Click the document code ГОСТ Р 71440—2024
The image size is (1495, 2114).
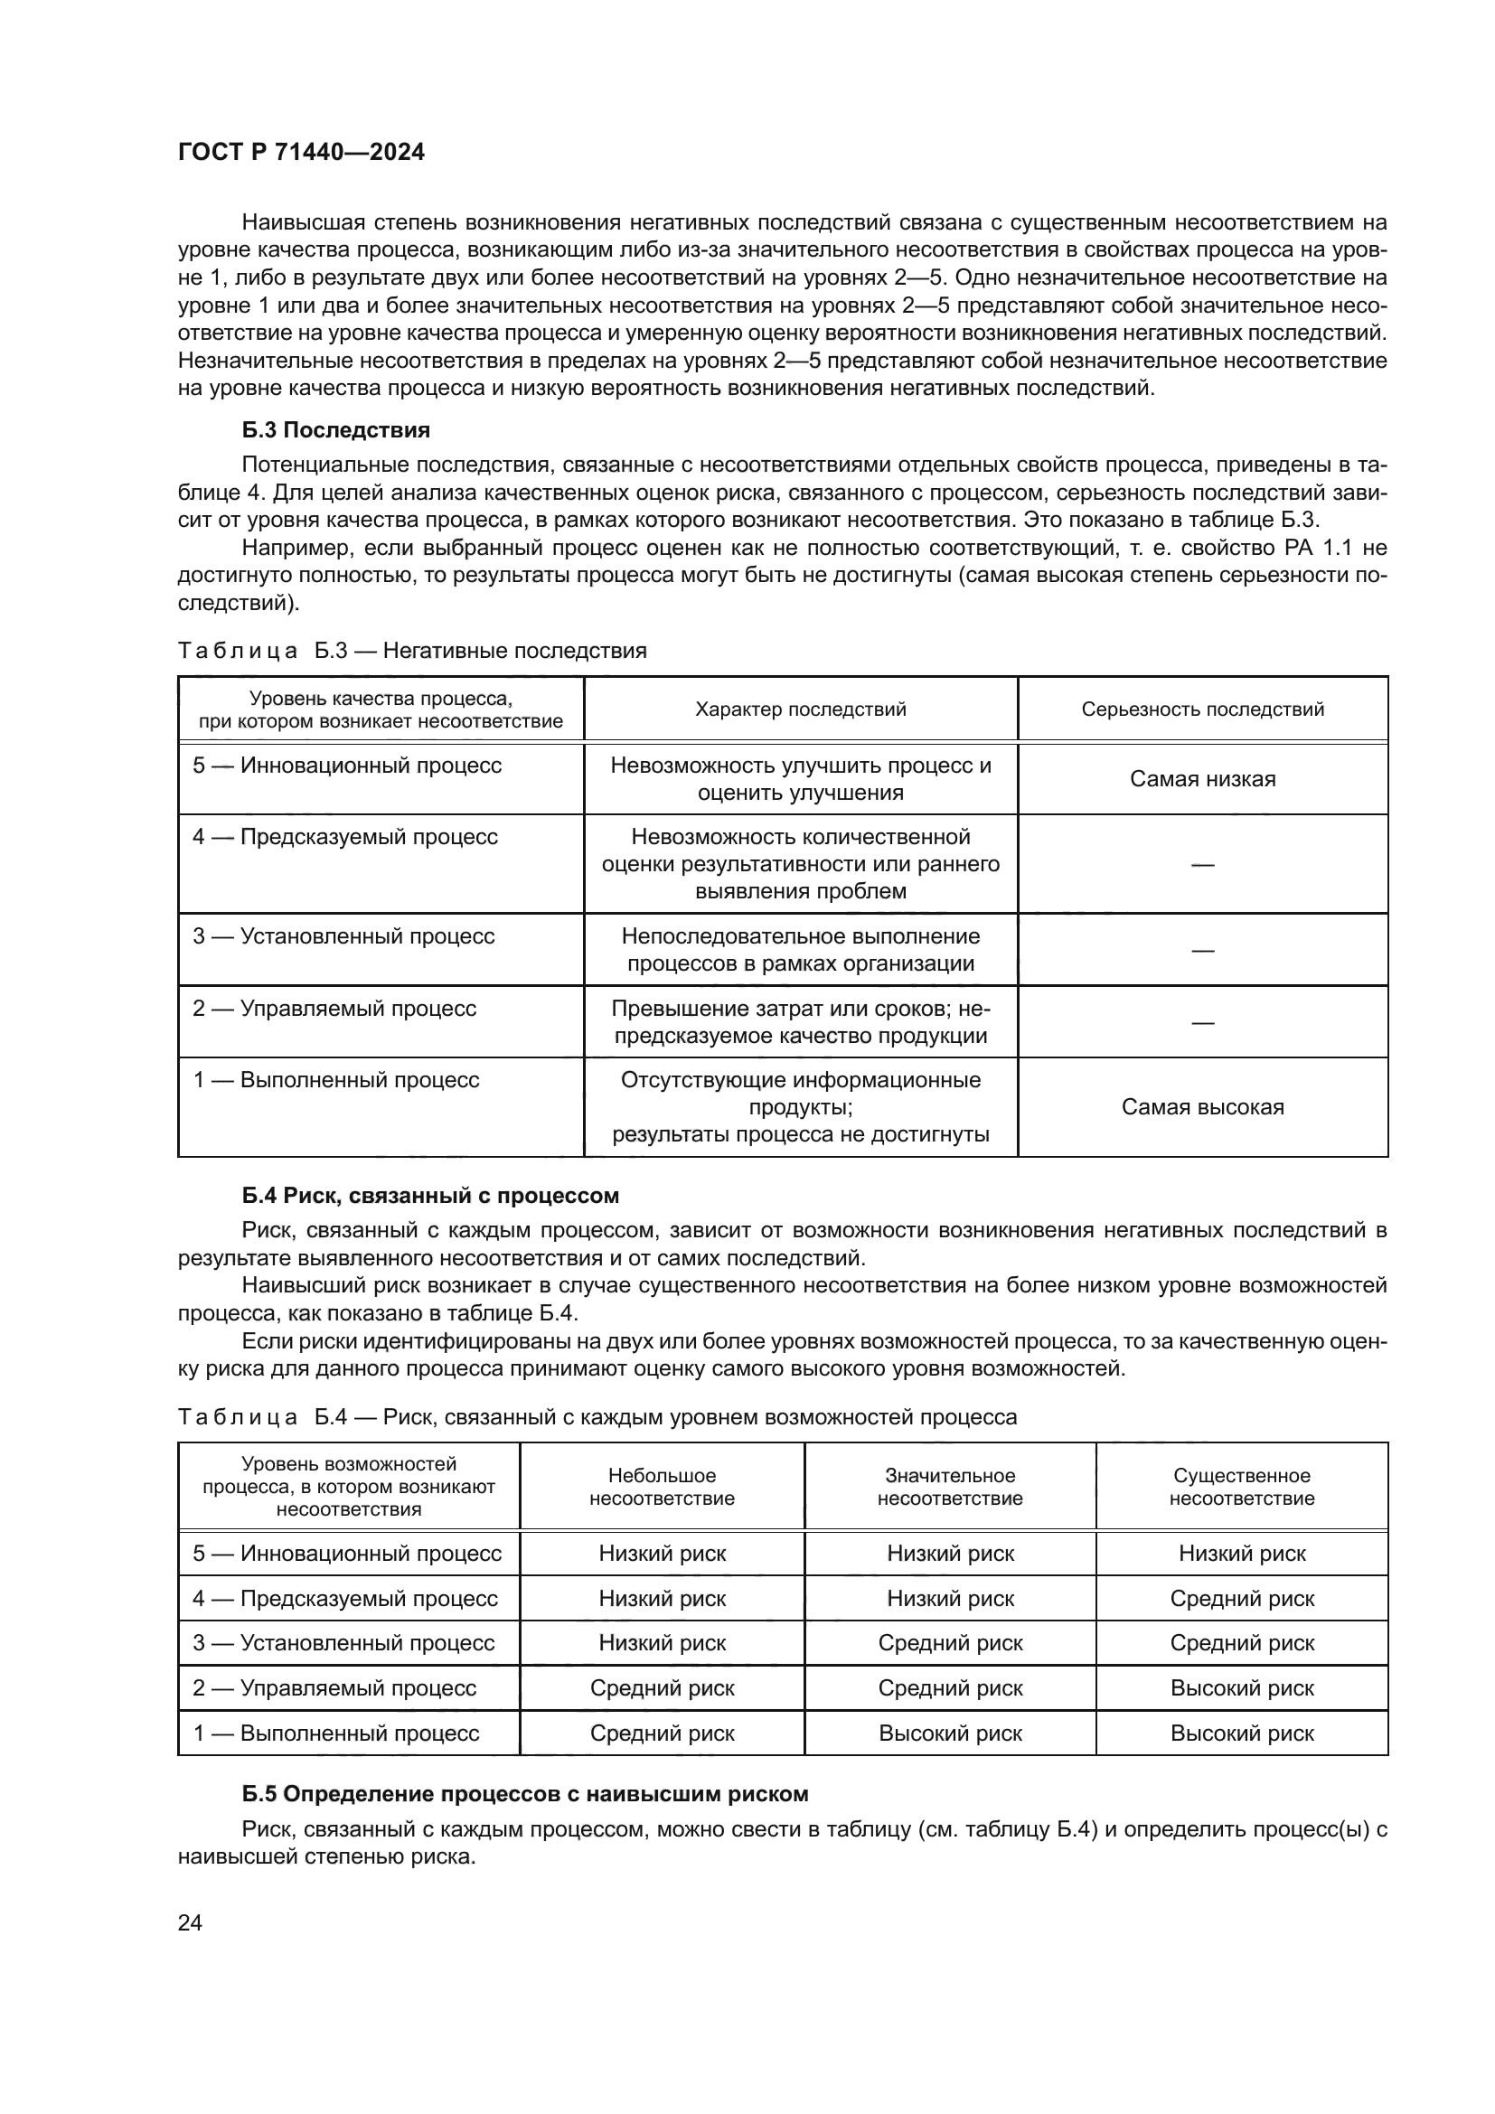click(301, 153)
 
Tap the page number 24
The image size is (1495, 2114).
click(190, 1922)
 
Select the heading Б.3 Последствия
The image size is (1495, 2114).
click(336, 430)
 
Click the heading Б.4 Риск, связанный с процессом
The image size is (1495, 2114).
click(430, 1195)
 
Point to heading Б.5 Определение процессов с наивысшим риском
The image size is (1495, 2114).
click(525, 1793)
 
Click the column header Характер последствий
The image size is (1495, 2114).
click(800, 709)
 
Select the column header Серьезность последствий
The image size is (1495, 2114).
click(1202, 709)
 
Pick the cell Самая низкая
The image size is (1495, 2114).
click(1202, 779)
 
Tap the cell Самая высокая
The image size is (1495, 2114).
click(1202, 1107)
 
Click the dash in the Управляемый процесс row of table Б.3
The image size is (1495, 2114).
click(1202, 1022)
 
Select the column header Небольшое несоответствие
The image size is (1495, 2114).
click(662, 1487)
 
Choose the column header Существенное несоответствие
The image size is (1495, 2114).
click(1242, 1487)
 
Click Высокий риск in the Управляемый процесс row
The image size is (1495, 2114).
click(1242, 1687)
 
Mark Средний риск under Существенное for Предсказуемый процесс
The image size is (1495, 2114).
click(1242, 1599)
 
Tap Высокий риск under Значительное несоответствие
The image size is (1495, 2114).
click(950, 1733)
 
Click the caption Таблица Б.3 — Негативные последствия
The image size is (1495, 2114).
click(411, 651)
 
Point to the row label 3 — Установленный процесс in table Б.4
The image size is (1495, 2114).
click(343, 1642)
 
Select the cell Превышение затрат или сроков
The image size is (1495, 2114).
click(800, 1022)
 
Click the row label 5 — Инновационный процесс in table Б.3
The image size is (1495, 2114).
click(347, 766)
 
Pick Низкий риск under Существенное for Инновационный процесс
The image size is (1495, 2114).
click(1242, 1554)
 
